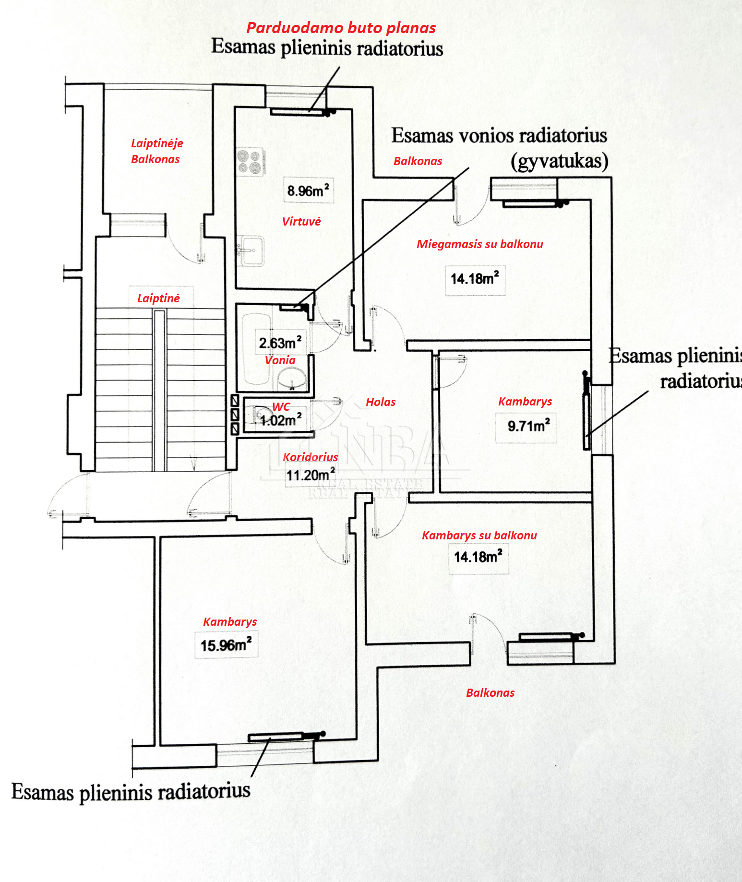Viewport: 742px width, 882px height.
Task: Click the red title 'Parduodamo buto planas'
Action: pos(341,28)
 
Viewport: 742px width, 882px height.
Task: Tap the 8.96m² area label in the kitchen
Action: pos(308,191)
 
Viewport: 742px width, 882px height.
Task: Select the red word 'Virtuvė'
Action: pos(301,221)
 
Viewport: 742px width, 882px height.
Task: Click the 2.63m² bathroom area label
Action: pos(280,343)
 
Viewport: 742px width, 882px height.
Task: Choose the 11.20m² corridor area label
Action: pos(310,475)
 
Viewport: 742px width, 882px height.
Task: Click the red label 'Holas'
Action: pos(381,402)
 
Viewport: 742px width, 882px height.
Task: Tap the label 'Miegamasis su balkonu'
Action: pos(480,244)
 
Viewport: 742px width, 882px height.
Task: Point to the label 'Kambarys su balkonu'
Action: pos(479,536)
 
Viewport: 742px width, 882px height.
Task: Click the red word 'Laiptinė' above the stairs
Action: pos(158,298)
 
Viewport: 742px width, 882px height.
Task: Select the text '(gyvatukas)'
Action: pos(560,161)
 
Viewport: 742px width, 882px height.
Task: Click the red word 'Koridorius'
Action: pos(310,457)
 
